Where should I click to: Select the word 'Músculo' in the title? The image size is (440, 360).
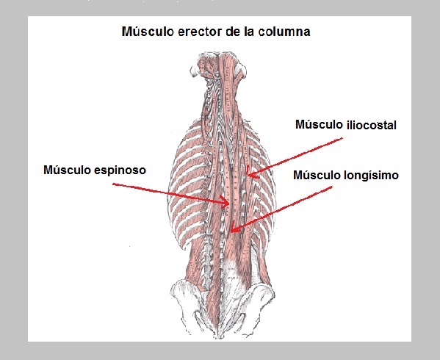point(148,32)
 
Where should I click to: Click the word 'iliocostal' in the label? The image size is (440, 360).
point(371,125)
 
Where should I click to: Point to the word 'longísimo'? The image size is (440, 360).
point(371,175)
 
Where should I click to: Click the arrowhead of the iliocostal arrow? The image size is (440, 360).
point(250,175)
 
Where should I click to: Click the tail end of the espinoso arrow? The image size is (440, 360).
point(113,184)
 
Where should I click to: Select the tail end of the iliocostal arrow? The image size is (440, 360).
point(342,138)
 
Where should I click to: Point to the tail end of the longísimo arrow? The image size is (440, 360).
point(332,187)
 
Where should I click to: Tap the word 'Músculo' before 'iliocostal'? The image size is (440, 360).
point(320,124)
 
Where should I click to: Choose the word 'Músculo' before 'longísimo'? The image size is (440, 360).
point(317,175)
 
